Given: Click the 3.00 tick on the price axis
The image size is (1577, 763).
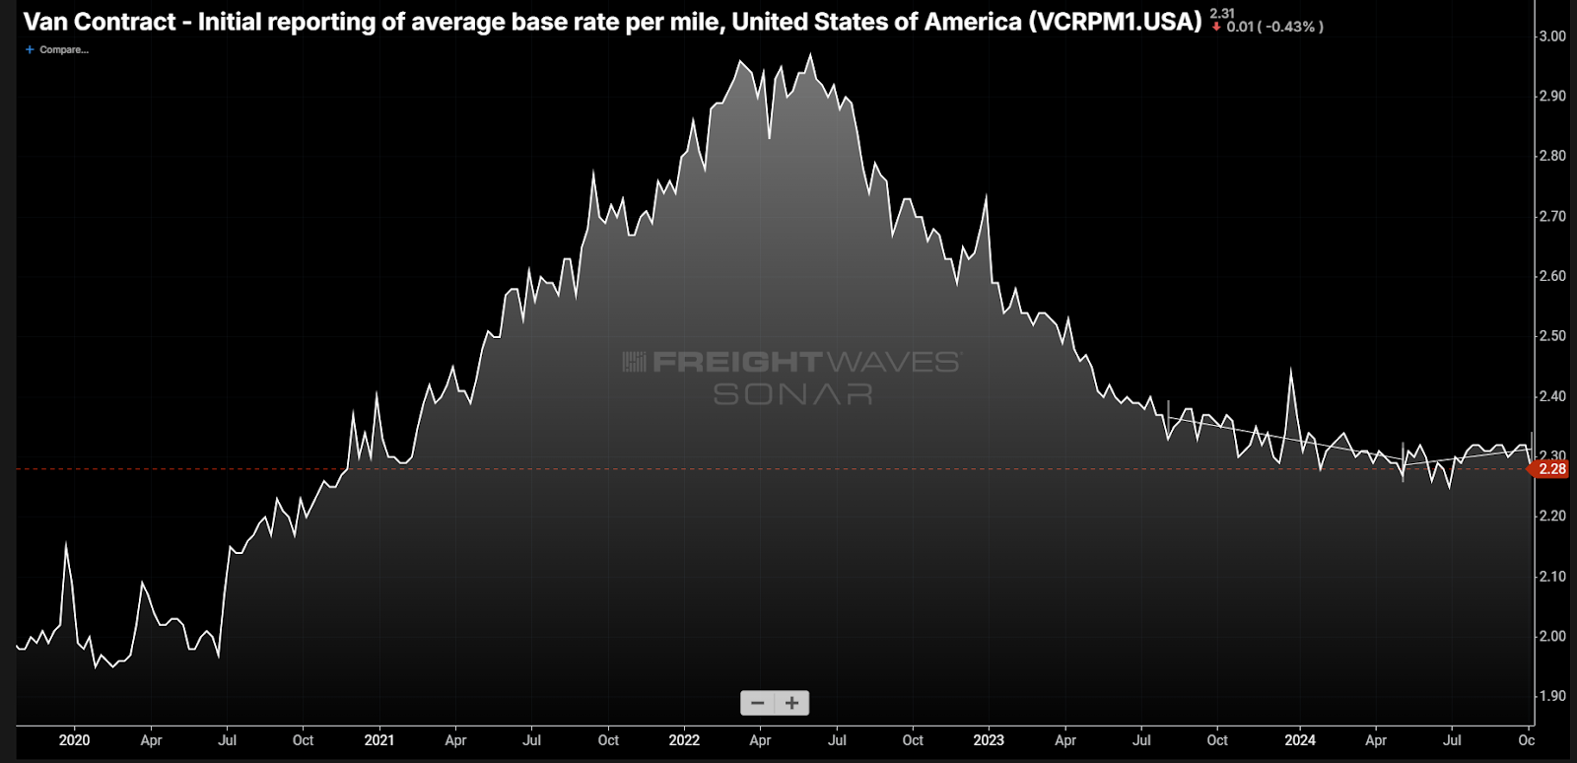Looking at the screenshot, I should pyautogui.click(x=1552, y=36).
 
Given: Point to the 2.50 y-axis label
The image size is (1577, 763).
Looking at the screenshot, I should pyautogui.click(x=1552, y=336).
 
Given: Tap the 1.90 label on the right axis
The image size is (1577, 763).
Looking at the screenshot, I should pyautogui.click(x=1552, y=696).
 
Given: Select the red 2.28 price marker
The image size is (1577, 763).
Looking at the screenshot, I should pyautogui.click(x=1550, y=469).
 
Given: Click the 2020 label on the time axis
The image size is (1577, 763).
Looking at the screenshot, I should pyautogui.click(x=74, y=740).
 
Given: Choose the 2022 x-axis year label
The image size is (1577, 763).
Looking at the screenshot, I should pyautogui.click(x=684, y=740).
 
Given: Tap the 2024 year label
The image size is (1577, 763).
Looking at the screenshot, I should pyautogui.click(x=1299, y=740).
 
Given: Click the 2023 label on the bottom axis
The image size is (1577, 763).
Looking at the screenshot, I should pyautogui.click(x=989, y=740).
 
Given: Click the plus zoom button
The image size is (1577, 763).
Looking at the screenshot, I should pyautogui.click(x=791, y=703).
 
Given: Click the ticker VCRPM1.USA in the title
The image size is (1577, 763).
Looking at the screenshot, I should pyautogui.click(x=1114, y=22).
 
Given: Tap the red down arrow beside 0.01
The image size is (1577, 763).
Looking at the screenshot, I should pyautogui.click(x=1216, y=27).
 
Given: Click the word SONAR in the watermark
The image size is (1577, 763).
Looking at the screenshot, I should pyautogui.click(x=792, y=394).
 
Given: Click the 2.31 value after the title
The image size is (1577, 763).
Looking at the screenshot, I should pyautogui.click(x=1222, y=13).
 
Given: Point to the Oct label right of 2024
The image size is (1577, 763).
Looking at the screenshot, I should pyautogui.click(x=1526, y=740).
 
